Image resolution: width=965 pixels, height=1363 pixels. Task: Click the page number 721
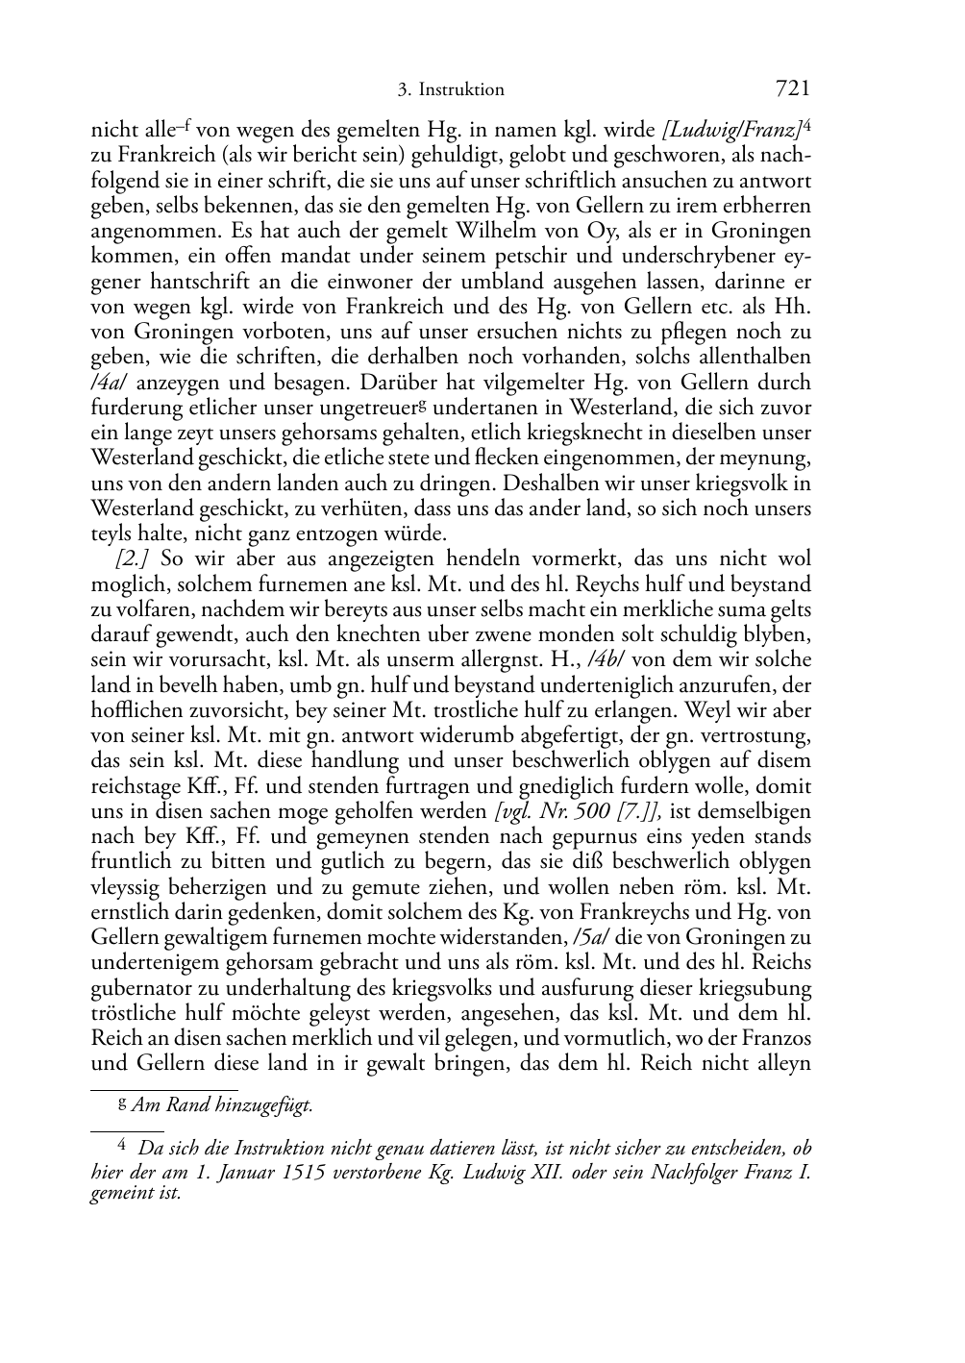pos(792,88)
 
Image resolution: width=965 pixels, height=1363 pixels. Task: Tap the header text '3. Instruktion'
pos(450,90)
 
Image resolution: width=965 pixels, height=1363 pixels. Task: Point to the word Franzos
pos(776,1038)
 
